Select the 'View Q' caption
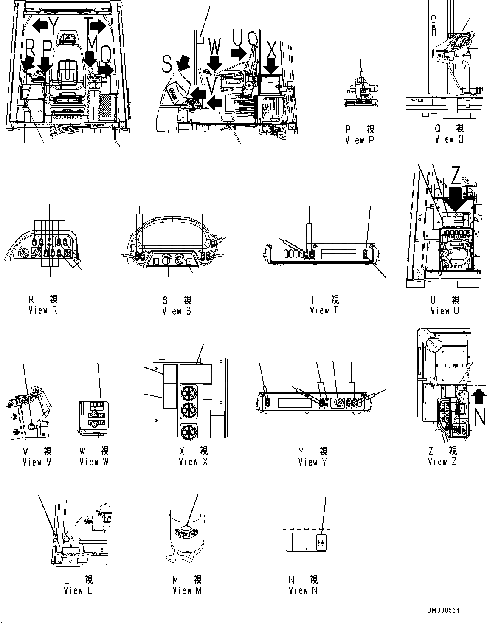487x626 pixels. click(x=450, y=139)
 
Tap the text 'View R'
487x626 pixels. click(x=42, y=310)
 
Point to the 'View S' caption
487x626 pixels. click(x=177, y=311)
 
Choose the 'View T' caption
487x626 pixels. click(x=324, y=310)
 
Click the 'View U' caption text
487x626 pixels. click(x=445, y=311)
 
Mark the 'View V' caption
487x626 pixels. click(x=37, y=462)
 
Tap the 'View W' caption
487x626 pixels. click(x=94, y=462)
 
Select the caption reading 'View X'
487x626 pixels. click(x=193, y=462)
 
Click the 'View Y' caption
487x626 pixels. click(x=313, y=462)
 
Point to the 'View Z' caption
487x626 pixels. click(x=442, y=462)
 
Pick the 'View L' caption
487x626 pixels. click(x=78, y=591)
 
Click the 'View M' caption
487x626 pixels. click(x=187, y=591)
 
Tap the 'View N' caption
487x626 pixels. click(x=303, y=591)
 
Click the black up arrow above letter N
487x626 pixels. click(x=479, y=400)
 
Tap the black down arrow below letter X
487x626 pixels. click(x=270, y=66)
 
